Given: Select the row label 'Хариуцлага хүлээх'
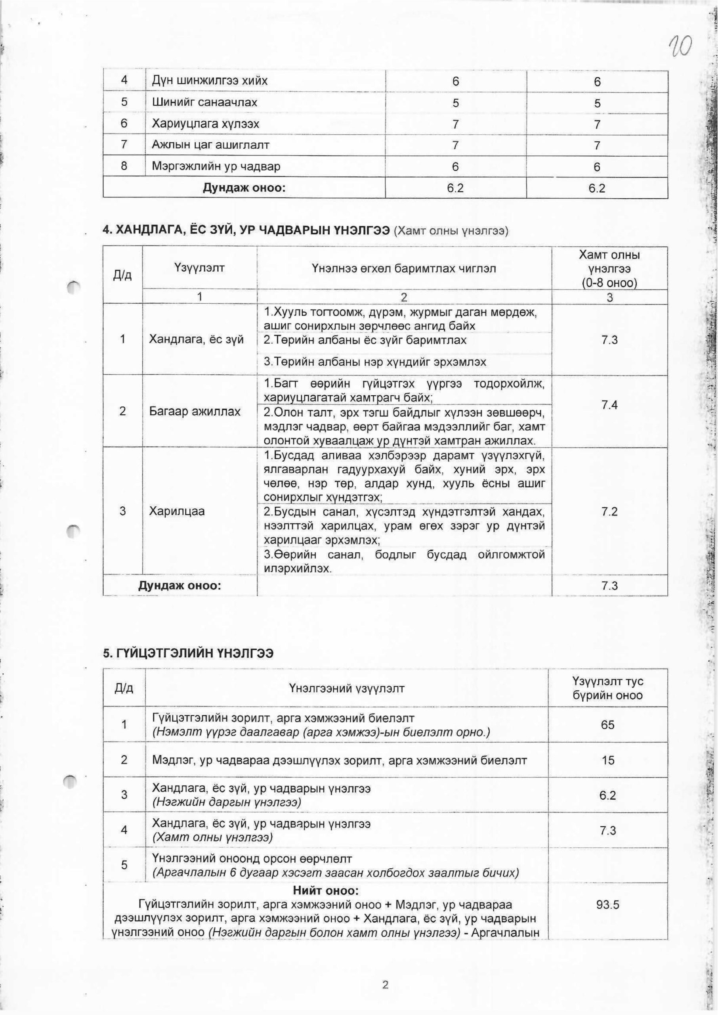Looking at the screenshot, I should tap(205, 123).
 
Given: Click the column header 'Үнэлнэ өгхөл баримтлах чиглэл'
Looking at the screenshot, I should tap(404, 268).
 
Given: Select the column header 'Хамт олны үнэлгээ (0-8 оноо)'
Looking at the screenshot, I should tap(609, 268).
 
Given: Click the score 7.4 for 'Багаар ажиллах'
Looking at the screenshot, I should tap(609, 405).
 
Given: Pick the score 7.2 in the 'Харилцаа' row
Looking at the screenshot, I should tap(609, 512).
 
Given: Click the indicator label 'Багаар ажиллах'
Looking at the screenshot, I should tap(195, 411).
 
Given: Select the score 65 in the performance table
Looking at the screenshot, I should tap(607, 724).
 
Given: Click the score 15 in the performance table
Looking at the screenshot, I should tap(607, 760).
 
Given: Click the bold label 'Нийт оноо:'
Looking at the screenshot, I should tap(325, 877).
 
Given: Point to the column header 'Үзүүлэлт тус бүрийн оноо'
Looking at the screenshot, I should tap(607, 688).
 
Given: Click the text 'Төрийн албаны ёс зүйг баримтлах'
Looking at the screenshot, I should tap(365, 340).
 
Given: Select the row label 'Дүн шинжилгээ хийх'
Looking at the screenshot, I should tap(210, 81).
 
